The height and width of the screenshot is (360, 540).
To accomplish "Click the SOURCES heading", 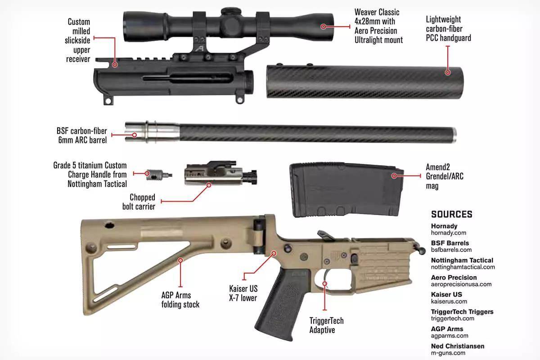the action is click(451, 214).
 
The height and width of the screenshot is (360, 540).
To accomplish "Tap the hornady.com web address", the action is click(448, 233).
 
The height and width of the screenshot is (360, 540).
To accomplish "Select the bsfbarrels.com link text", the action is click(451, 250).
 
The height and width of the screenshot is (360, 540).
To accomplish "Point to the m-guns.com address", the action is click(448, 353).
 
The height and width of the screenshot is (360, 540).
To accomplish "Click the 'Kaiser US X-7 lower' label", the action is click(243, 293).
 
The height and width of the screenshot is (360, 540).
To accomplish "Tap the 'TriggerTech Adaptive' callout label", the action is click(326, 325).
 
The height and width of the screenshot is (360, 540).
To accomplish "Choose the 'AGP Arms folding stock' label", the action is click(180, 300).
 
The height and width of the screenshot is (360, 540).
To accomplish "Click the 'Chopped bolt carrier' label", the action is click(139, 202).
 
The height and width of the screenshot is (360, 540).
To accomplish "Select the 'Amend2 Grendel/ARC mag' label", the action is click(445, 176).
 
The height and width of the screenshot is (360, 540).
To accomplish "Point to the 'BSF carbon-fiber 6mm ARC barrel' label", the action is click(82, 135).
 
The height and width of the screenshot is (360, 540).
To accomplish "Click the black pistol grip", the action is click(282, 304).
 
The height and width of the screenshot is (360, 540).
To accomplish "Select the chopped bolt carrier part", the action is click(220, 173).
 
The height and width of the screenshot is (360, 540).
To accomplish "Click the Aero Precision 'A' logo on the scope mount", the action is click(200, 49).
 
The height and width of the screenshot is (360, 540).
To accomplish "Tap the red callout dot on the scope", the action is click(323, 27).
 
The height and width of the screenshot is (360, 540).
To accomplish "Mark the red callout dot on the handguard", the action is click(448, 72).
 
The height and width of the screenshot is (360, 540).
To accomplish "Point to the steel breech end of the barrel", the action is click(153, 133).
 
